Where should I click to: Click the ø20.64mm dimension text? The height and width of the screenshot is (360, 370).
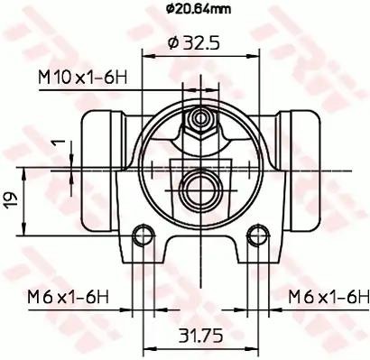pyautogui.click(x=199, y=9)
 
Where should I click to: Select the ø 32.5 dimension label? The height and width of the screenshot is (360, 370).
pyautogui.click(x=194, y=43)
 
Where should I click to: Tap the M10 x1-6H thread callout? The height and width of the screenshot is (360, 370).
pyautogui.click(x=83, y=78)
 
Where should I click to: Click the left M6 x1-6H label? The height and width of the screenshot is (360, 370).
pyautogui.click(x=68, y=297)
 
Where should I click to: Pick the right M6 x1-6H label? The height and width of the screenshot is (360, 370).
pyautogui.click(x=328, y=297)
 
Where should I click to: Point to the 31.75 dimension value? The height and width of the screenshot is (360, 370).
pyautogui.click(x=201, y=336)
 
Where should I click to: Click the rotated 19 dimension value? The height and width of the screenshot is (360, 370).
pyautogui.click(x=10, y=201)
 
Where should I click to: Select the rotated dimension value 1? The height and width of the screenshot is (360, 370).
pyautogui.click(x=59, y=143)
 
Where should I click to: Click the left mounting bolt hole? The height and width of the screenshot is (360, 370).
pyautogui.click(x=143, y=235)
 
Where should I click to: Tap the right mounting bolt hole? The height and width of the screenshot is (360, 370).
pyautogui.click(x=258, y=235)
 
